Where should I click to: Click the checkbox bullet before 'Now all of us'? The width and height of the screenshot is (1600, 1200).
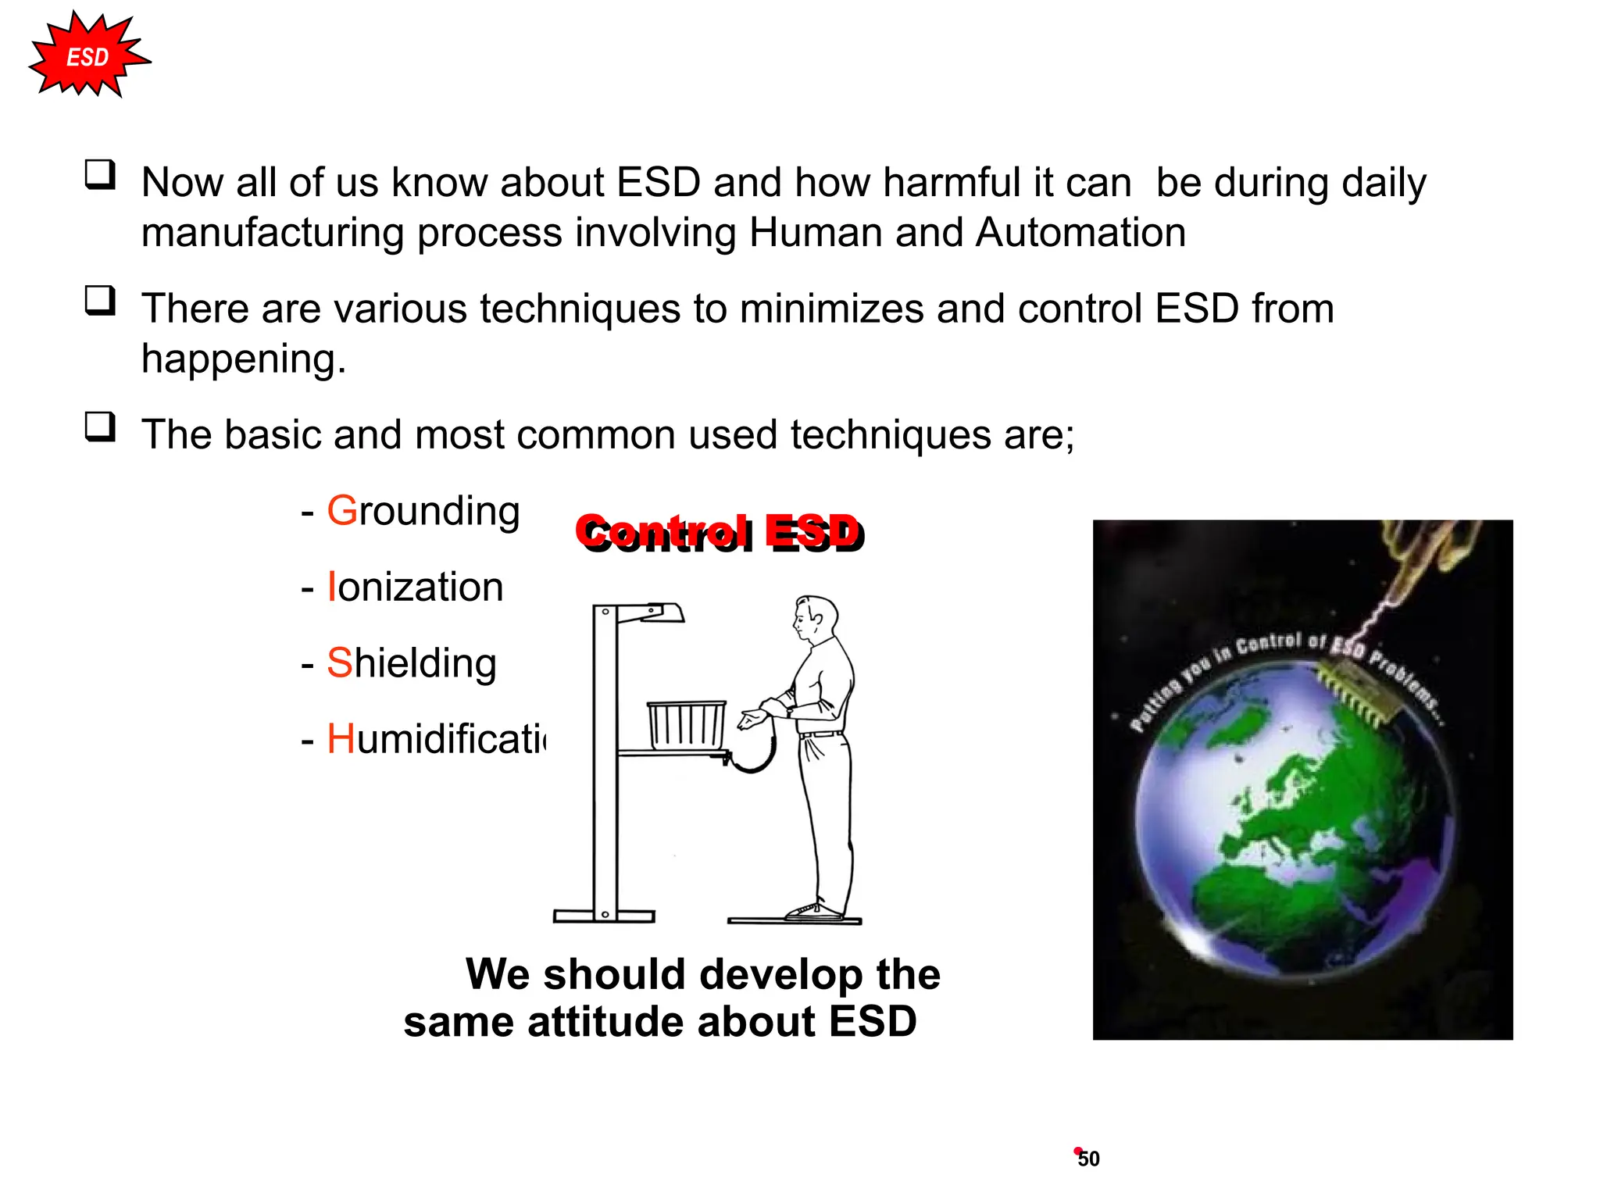[x=100, y=175]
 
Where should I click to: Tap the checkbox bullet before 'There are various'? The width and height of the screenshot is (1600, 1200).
[x=100, y=301]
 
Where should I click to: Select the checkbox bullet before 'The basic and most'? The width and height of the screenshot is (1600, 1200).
[x=100, y=427]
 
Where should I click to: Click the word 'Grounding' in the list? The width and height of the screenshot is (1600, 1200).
[x=423, y=512]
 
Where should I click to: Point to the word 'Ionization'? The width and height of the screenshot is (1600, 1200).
[x=415, y=587]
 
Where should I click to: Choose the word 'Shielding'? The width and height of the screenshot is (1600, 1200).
[x=412, y=663]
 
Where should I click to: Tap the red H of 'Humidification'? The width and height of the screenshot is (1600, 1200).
[x=341, y=739]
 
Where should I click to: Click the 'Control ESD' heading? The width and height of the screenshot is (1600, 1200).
[x=720, y=534]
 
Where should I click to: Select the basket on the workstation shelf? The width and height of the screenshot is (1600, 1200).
[x=686, y=725]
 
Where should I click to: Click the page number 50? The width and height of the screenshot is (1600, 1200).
[x=1088, y=1159]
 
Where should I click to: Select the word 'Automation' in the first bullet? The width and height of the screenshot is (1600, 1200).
[x=1080, y=233]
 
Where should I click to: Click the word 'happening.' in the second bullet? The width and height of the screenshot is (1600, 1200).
[x=243, y=359]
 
